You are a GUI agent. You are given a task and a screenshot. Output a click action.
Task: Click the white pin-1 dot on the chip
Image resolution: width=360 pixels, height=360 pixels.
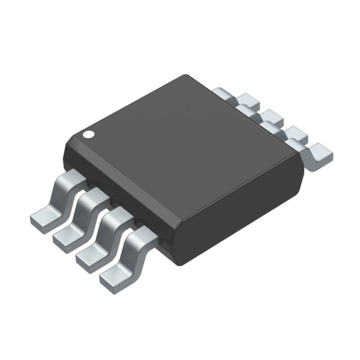point(88,134)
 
